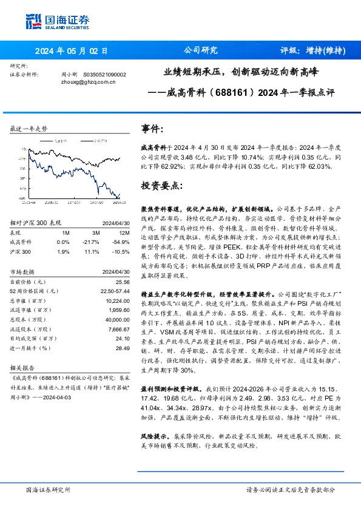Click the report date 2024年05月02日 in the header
pos(70,51)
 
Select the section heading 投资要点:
pos(161,184)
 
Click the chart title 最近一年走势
pos(29,129)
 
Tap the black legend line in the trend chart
pos(88,141)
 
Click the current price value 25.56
pos(123,282)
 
